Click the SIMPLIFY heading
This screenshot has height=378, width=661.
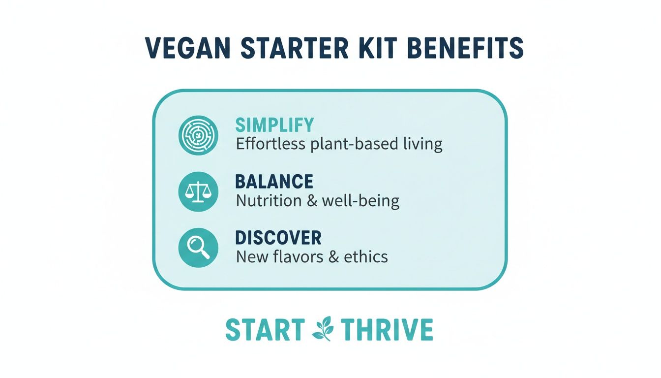point(274,125)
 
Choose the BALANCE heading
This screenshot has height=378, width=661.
point(274,182)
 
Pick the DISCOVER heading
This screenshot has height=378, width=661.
point(278,238)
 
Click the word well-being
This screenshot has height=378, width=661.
point(360,201)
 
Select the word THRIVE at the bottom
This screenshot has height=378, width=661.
point(387,330)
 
